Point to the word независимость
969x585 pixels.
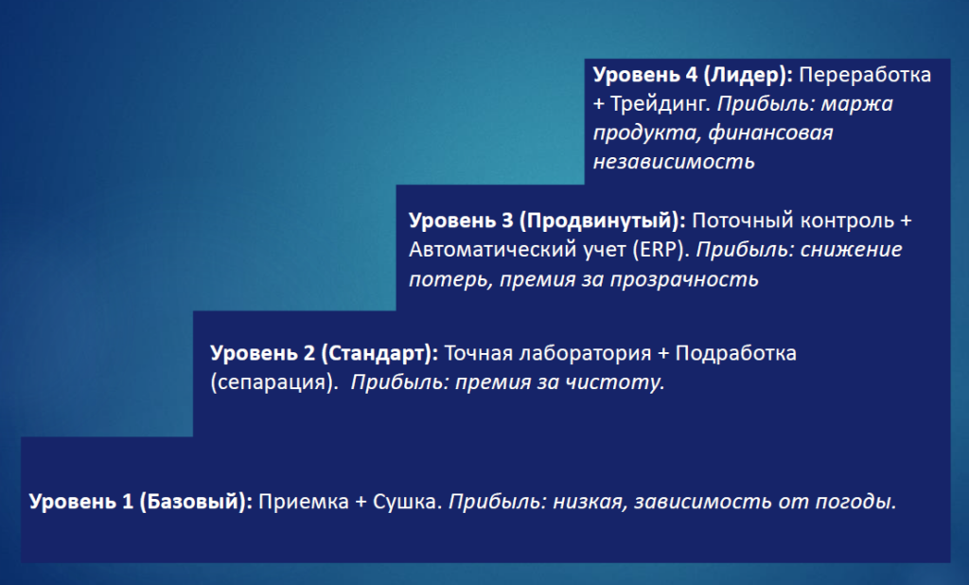[674, 162]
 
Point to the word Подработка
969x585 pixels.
[735, 353]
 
